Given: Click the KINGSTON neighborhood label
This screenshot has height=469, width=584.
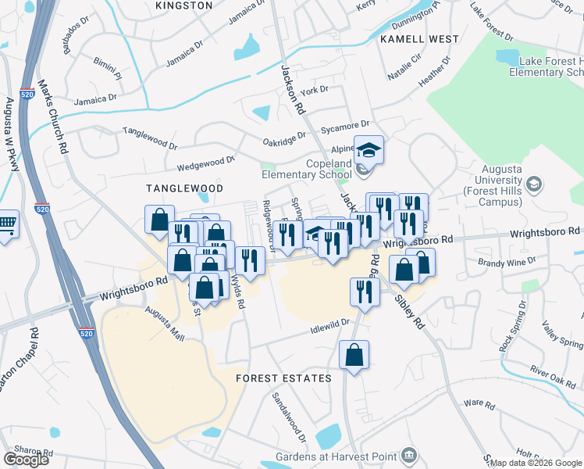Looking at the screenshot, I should coord(184,5).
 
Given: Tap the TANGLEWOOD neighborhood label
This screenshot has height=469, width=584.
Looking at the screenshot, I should coord(186,188).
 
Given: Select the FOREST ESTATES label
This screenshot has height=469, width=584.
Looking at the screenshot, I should coord(284,378).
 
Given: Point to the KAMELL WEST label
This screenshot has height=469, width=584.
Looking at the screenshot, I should coord(419,38).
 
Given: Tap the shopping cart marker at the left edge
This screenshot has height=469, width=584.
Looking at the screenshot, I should coord(6,226).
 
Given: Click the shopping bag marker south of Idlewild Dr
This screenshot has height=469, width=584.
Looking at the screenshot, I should coord(354,356).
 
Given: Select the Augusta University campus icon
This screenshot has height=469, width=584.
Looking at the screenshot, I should coord(535,184).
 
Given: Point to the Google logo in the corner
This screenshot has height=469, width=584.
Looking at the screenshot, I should coord(26,459).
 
